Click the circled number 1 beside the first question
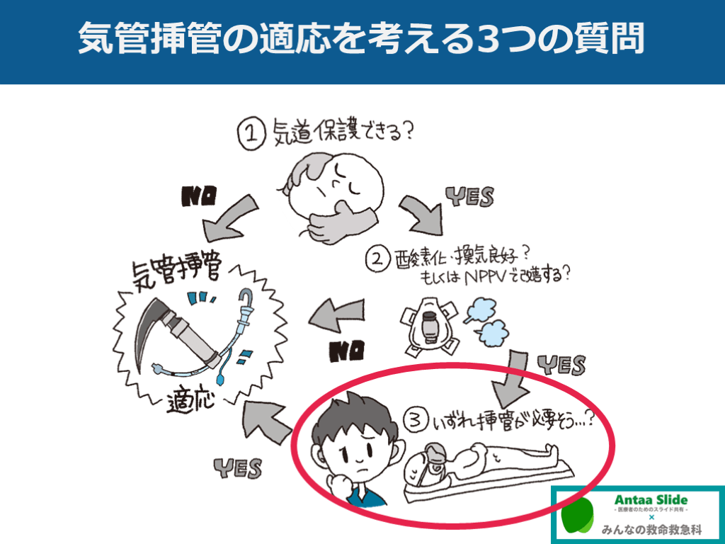(251, 133)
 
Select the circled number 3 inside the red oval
(415, 420)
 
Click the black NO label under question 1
(199, 196)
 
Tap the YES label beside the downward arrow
(561, 365)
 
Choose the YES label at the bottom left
(238, 468)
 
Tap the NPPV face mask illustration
(430, 327)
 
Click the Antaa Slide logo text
(651, 499)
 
